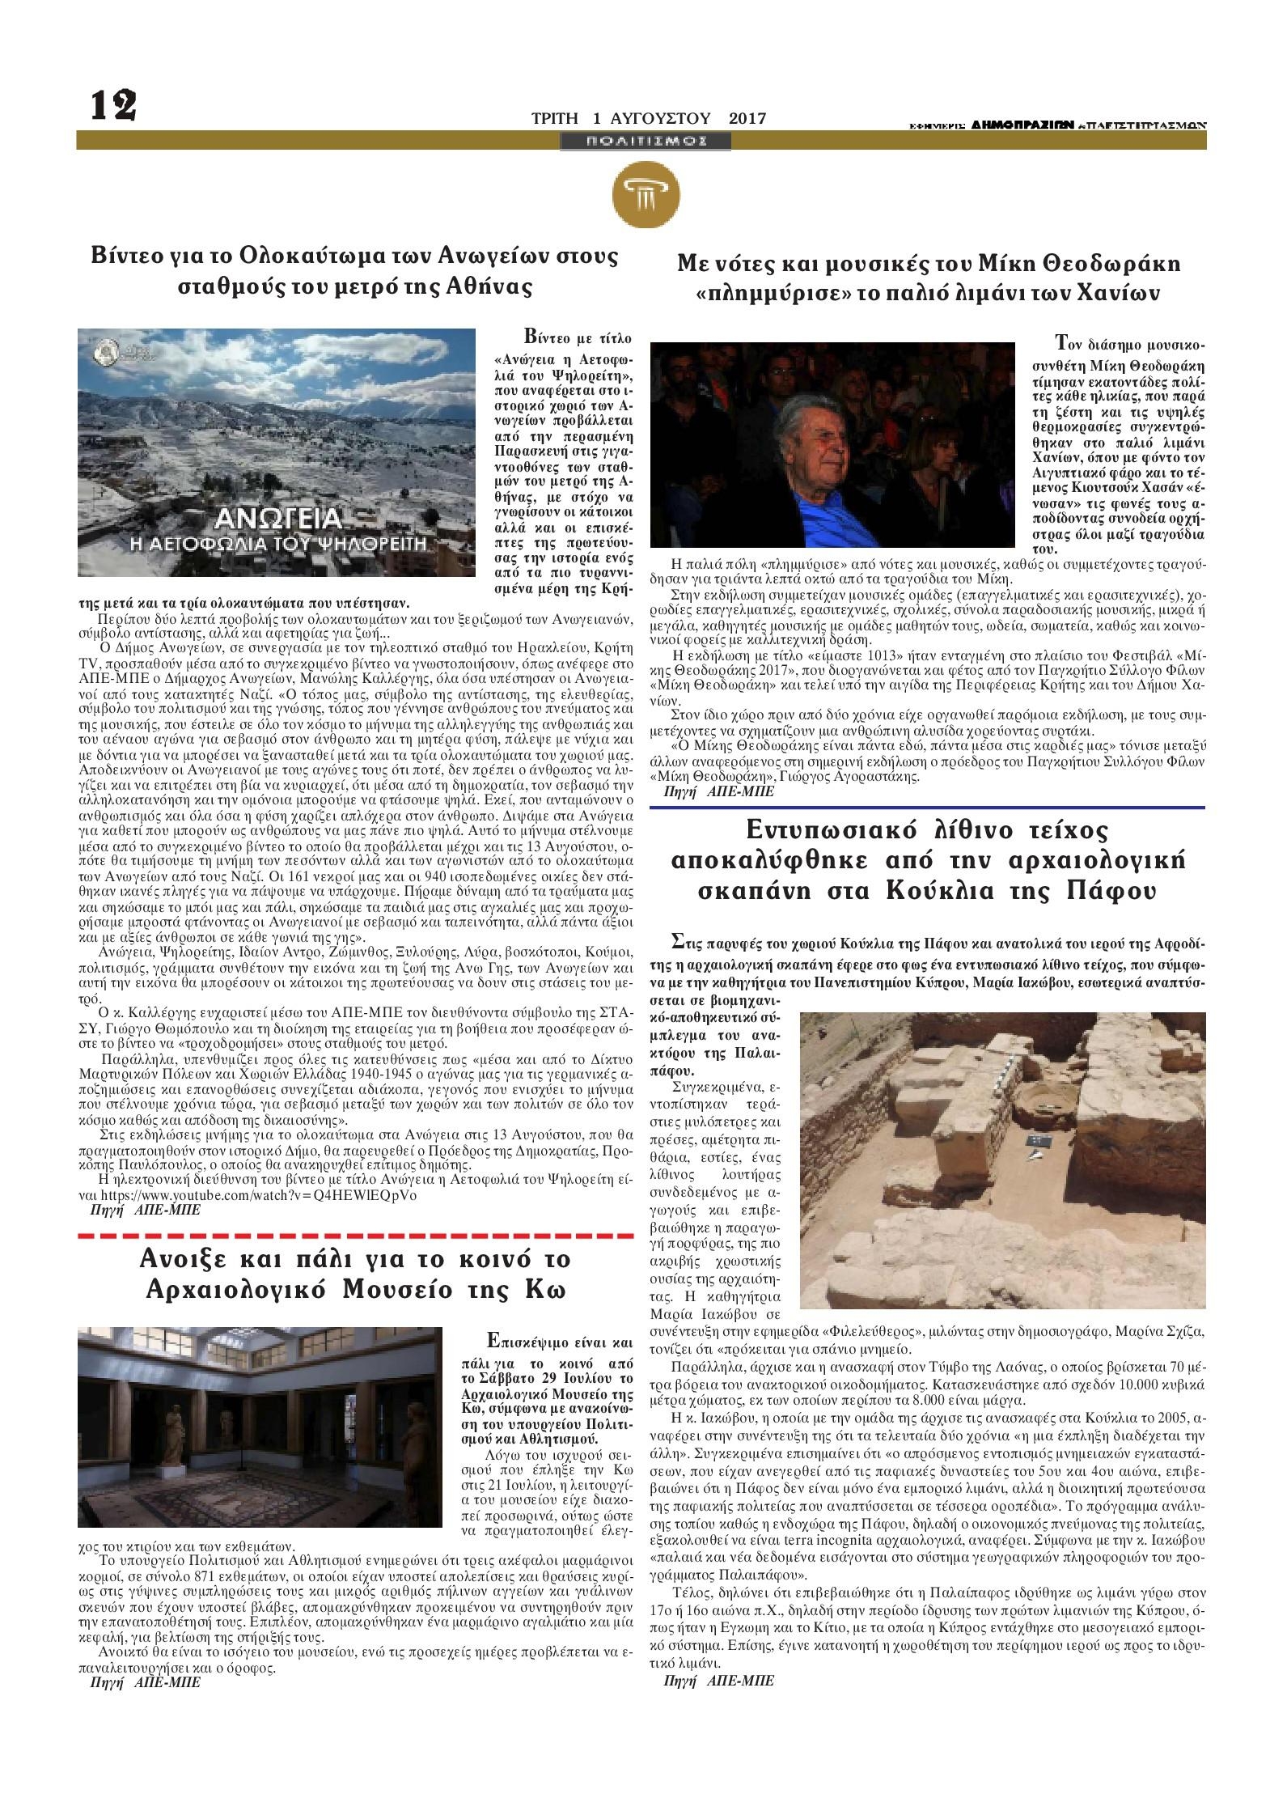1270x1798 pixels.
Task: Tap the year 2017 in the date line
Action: click(x=747, y=118)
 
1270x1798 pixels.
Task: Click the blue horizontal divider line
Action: click(x=928, y=807)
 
